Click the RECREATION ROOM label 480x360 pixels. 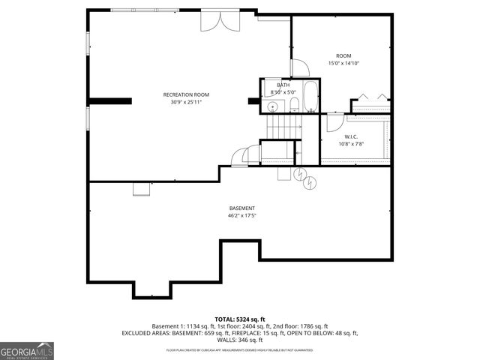coord(186,94)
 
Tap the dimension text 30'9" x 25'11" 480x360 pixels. coord(186,102)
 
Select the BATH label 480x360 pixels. coord(283,85)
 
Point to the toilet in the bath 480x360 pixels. coord(295,105)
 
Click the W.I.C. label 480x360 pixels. coord(352,137)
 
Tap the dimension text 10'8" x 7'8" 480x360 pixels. coord(352,145)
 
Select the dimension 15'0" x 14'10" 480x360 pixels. coord(343,64)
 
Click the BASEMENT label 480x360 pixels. coord(242,208)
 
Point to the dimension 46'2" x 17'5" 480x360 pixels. coord(242,216)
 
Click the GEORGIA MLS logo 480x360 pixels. coord(26,351)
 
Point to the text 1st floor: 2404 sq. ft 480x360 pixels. coord(241,326)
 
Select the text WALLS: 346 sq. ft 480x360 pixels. coord(241,340)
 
